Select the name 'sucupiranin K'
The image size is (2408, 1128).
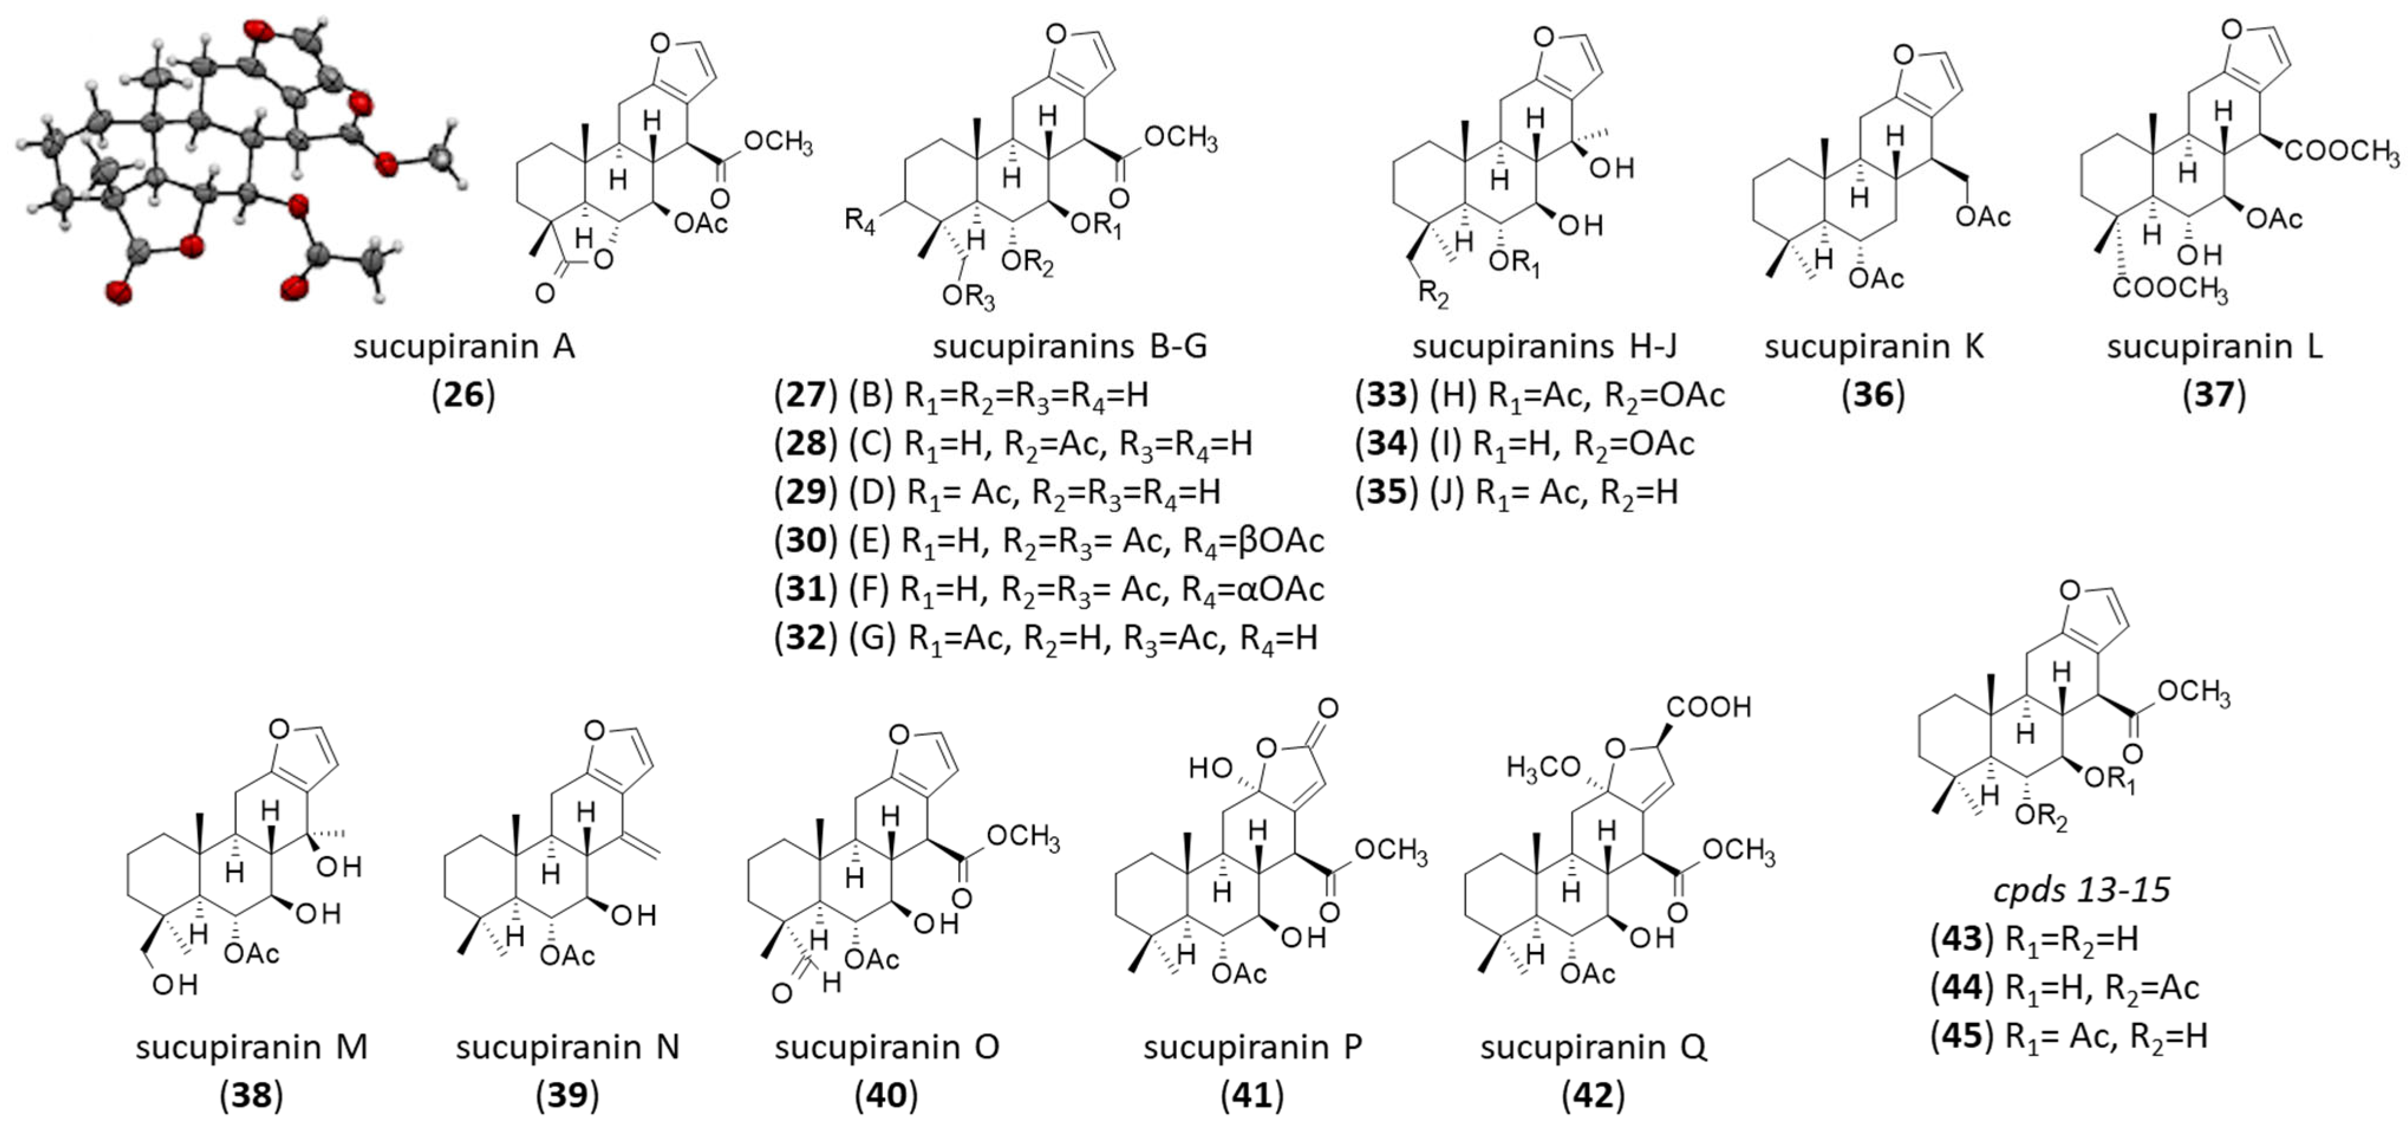[x=1873, y=347]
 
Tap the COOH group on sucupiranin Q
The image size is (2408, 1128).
[x=1709, y=707]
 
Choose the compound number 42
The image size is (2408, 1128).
[x=1593, y=1096]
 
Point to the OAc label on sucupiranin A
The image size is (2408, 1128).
[x=700, y=223]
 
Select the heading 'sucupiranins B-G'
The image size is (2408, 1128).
[x=1069, y=347]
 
